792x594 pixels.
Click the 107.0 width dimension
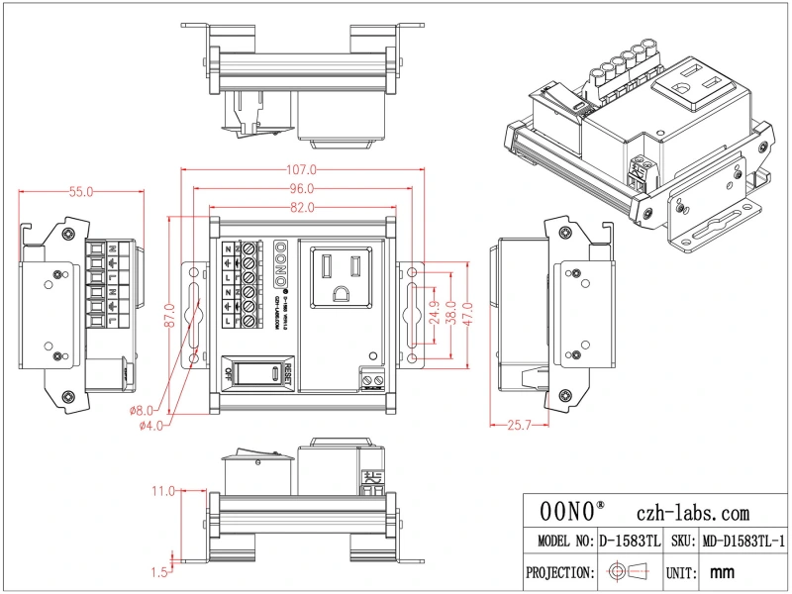[x=302, y=169]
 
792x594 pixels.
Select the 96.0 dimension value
[x=302, y=188]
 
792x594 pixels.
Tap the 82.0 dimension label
[x=302, y=207]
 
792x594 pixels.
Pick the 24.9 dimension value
[x=435, y=319]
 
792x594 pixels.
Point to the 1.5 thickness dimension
[x=159, y=572]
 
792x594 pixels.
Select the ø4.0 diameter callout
[x=151, y=426]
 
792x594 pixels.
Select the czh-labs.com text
[x=694, y=513]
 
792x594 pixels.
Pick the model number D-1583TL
[x=629, y=542]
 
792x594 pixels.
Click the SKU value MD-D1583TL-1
[x=742, y=542]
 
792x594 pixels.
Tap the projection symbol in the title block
[x=628, y=572]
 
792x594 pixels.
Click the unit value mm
[x=723, y=572]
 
